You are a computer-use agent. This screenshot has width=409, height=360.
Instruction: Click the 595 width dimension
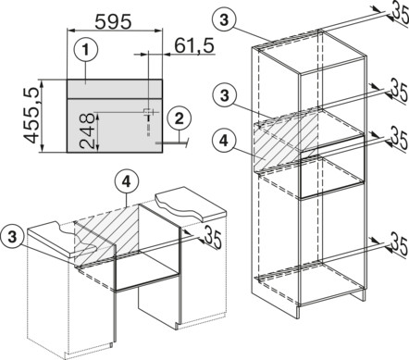[113, 21]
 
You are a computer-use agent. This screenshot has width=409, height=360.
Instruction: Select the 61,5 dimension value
[194, 46]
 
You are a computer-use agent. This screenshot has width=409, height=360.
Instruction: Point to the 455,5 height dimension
[32, 116]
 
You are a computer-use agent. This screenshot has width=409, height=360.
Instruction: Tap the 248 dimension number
[86, 130]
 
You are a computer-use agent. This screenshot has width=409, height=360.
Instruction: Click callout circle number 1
[86, 50]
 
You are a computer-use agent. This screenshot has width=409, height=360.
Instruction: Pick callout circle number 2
[180, 119]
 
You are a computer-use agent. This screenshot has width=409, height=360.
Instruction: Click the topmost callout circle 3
[224, 20]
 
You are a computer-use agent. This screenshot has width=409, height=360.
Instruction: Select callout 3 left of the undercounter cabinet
[12, 238]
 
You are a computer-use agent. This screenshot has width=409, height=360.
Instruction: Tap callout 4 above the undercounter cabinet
[126, 182]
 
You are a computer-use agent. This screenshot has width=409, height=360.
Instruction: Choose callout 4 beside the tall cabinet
[224, 141]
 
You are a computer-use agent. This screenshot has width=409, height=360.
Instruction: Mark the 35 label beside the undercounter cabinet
[213, 237]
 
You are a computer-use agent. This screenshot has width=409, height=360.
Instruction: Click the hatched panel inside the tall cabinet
[286, 142]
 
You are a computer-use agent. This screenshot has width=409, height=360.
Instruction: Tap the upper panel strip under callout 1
[115, 89]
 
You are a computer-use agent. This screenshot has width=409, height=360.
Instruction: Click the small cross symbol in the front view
[148, 112]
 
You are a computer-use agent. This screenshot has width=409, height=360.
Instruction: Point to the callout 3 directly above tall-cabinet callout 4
[224, 96]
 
